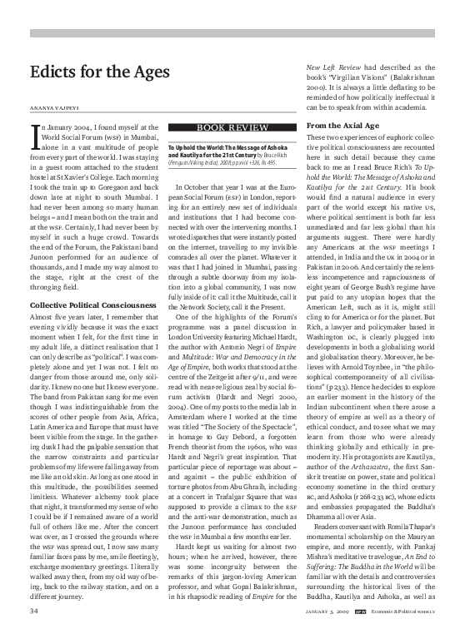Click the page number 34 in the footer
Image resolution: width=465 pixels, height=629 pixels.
(33, 612)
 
